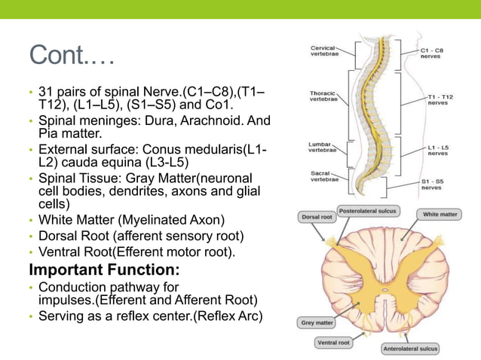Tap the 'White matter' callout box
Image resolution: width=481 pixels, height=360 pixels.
click(x=440, y=215)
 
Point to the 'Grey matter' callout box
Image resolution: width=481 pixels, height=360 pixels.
click(x=317, y=323)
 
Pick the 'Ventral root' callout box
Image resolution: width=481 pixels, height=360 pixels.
click(x=332, y=343)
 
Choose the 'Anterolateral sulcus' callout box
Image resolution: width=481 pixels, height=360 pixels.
click(x=410, y=348)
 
